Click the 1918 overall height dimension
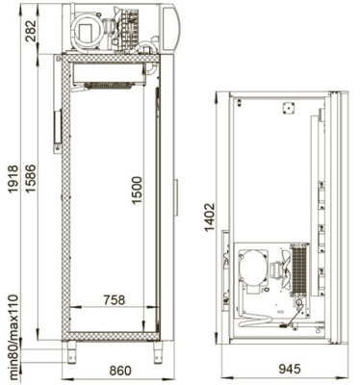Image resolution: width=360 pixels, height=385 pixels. point(13,179)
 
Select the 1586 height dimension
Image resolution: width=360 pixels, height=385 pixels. point(31,179)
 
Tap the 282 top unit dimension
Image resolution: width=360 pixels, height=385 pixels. point(31,32)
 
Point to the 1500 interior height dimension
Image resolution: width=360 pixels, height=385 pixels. point(136,190)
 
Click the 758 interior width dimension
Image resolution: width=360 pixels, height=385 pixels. point(114,300)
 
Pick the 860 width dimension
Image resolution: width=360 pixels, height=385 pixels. point(120,371)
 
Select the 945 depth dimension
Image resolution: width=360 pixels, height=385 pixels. point(290,369)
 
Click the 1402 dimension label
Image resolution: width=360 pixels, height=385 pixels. point(210,218)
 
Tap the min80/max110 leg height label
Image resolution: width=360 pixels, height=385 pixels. point(13,337)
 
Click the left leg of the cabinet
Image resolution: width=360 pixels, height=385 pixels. point(71,351)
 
